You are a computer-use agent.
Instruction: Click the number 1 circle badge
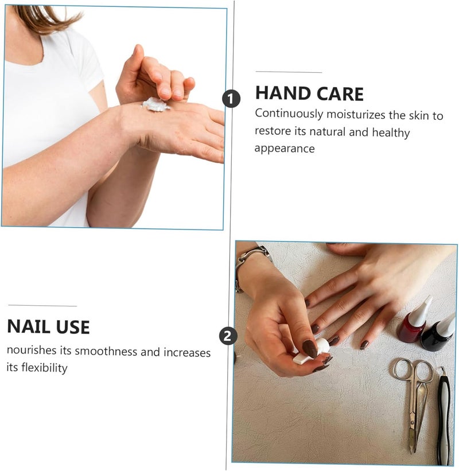[231, 99]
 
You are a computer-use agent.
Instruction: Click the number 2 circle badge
[228, 336]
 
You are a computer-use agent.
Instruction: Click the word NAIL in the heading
[29, 326]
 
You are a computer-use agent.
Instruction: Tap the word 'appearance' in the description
[285, 149]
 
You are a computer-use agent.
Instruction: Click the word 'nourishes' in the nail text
[32, 350]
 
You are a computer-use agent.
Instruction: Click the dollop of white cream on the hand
[155, 104]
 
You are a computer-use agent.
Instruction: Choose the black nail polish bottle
[438, 333]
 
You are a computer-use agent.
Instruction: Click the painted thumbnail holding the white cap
[310, 349]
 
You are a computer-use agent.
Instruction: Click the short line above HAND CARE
[289, 72]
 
